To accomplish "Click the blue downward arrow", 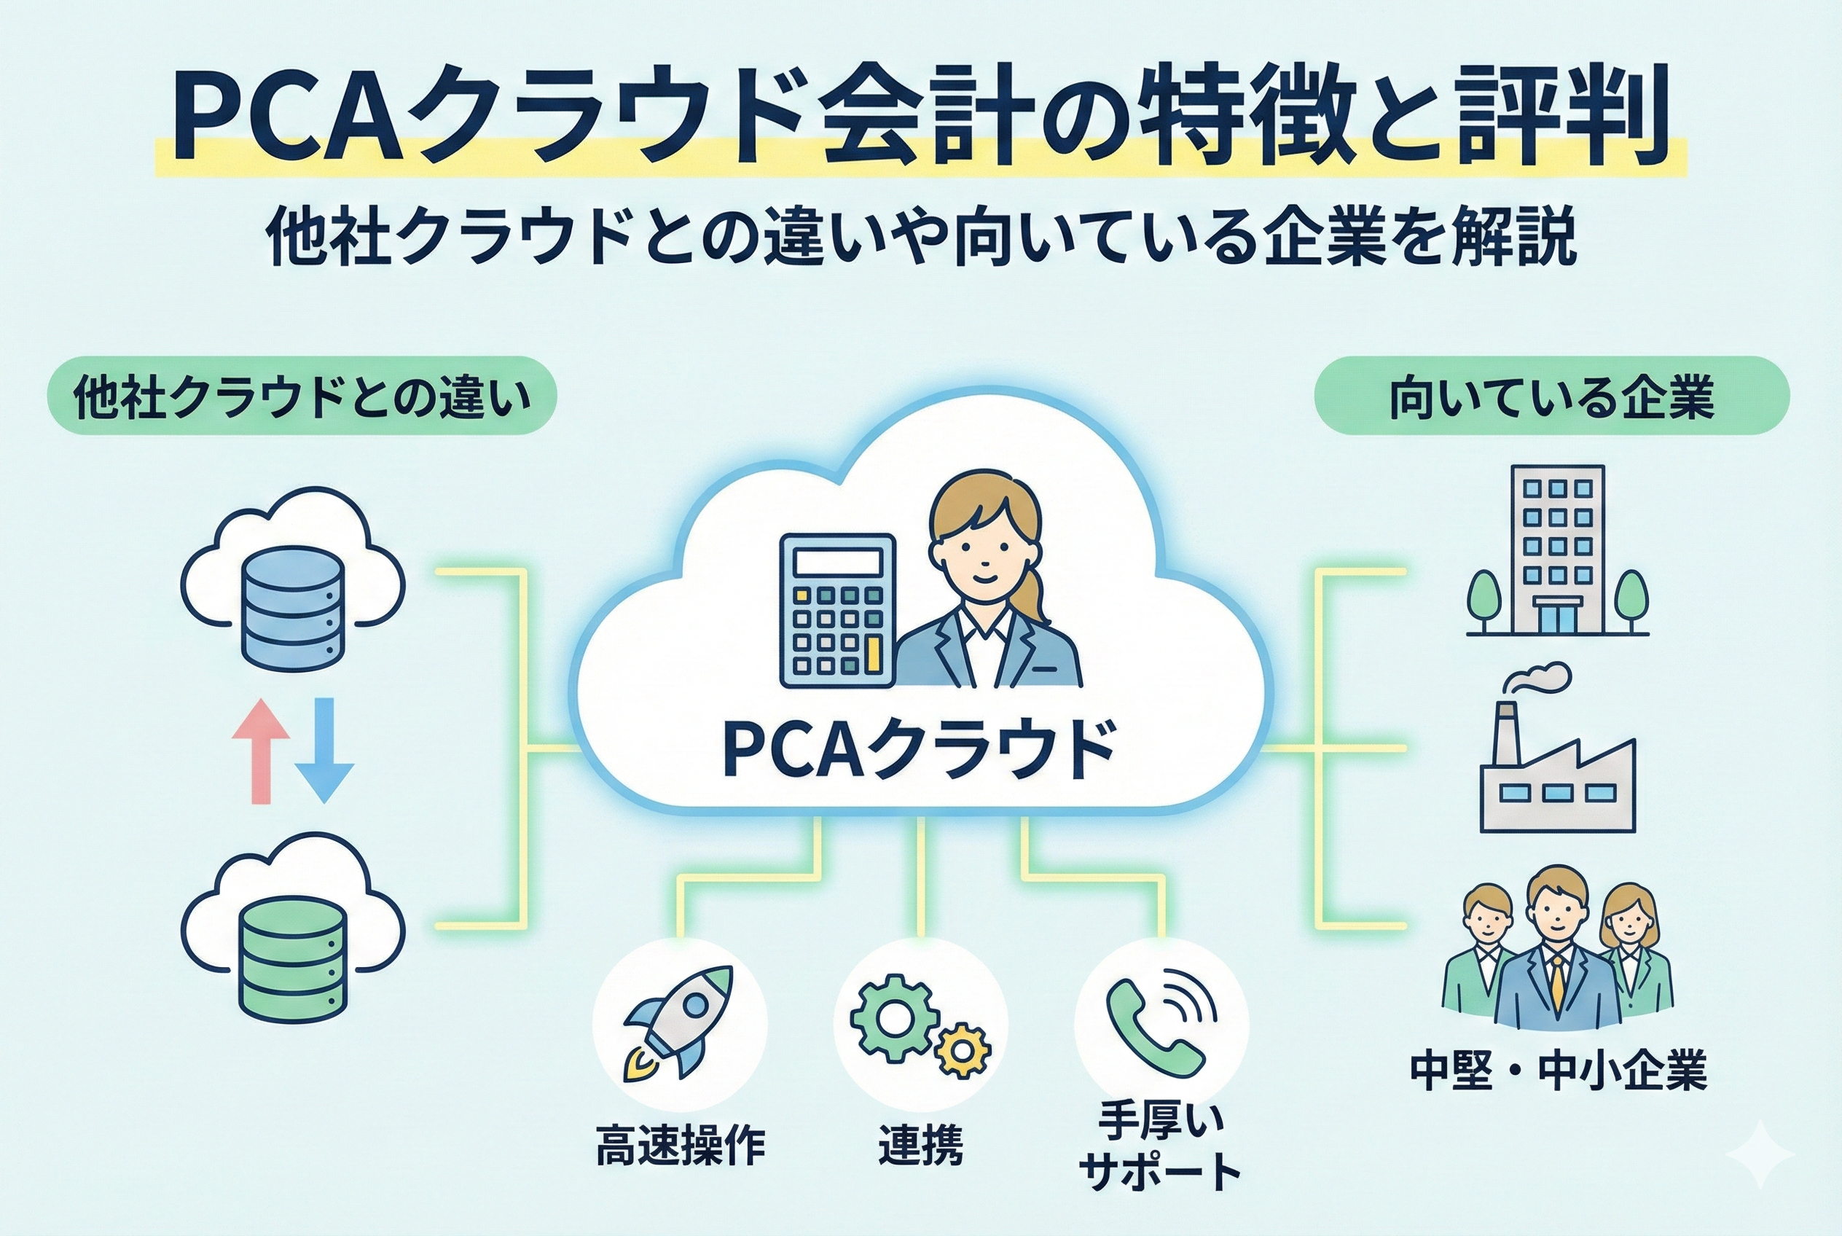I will click(x=324, y=750).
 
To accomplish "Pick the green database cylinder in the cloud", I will click(x=292, y=963).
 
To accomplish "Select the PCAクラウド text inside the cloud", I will click(x=918, y=750).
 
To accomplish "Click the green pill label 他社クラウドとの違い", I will click(x=302, y=396).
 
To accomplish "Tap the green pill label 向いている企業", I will click(x=1552, y=396).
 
